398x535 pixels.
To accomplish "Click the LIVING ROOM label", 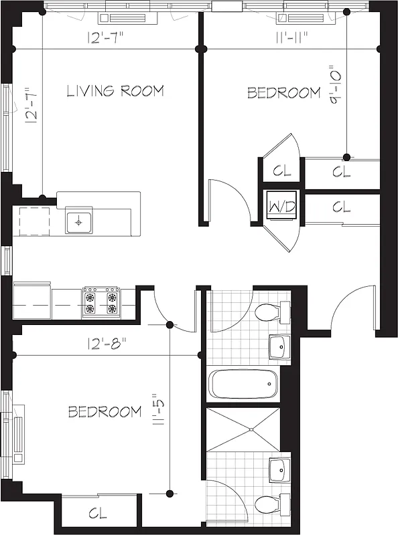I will [115, 91].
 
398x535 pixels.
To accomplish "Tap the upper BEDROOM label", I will [284, 93].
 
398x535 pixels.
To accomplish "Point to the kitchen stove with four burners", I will [101, 302].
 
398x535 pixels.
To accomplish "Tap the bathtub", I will [243, 385].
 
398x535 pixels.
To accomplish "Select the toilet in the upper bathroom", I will [270, 312].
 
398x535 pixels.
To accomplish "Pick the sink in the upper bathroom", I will [279, 347].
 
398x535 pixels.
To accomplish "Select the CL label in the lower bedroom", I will [98, 514].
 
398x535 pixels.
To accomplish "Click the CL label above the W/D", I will [282, 171].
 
